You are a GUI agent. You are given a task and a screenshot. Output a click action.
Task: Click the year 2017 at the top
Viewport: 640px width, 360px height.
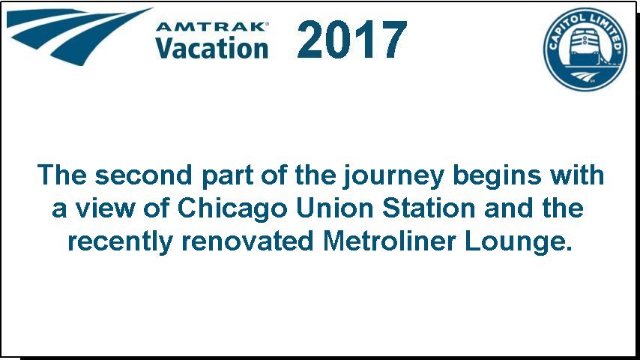point(351,40)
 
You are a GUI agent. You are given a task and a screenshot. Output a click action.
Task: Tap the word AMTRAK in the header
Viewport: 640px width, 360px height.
point(211,27)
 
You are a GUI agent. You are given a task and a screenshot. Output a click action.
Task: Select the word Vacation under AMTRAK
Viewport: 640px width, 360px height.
point(211,48)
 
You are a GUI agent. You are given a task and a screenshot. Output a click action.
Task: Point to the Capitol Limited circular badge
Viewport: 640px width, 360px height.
point(585,49)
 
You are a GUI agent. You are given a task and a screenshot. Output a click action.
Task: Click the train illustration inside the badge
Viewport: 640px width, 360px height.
point(586,47)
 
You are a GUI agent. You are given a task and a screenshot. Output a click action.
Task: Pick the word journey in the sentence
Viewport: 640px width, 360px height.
point(393,177)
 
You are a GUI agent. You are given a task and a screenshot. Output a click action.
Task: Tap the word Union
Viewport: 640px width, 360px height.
point(335,208)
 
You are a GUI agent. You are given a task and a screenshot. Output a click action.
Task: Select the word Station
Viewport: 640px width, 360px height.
point(429,208)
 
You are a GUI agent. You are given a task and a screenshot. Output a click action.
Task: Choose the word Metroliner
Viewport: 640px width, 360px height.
point(389,241)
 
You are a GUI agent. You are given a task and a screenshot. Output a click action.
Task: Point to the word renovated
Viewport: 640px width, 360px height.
point(248,241)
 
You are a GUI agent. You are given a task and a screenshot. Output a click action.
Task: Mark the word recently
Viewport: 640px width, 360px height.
point(121,243)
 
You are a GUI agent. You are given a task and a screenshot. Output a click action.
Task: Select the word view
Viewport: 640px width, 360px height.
point(105,208)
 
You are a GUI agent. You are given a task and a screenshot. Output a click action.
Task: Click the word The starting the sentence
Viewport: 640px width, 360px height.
point(61,175)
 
